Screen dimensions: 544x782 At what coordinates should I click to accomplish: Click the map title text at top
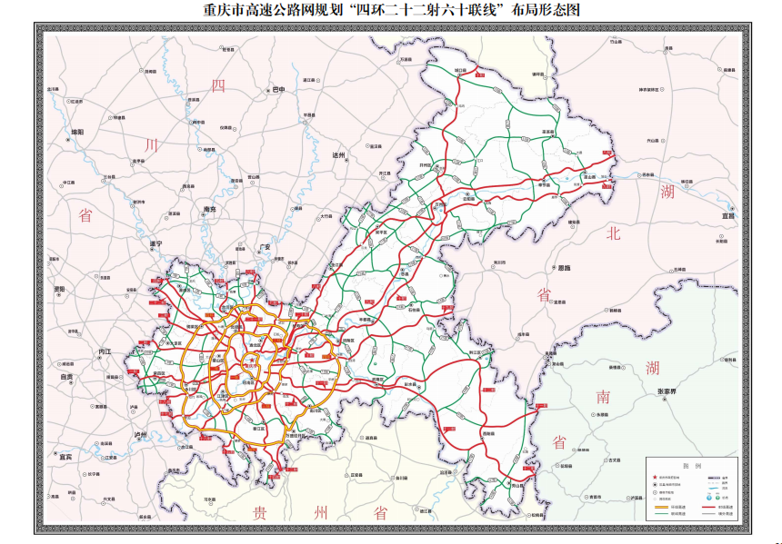pos(390,11)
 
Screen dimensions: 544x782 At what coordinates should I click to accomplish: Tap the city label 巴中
pos(278,90)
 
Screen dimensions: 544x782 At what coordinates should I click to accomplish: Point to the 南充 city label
pos(209,209)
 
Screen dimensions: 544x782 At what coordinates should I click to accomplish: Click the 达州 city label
pos(339,155)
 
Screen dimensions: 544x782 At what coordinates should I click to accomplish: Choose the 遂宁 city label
pos(155,244)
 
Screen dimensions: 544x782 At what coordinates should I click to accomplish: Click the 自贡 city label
pos(66,376)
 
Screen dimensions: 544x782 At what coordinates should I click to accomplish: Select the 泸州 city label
pos(141,436)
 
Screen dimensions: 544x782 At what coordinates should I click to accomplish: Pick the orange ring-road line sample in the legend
pos(659,507)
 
